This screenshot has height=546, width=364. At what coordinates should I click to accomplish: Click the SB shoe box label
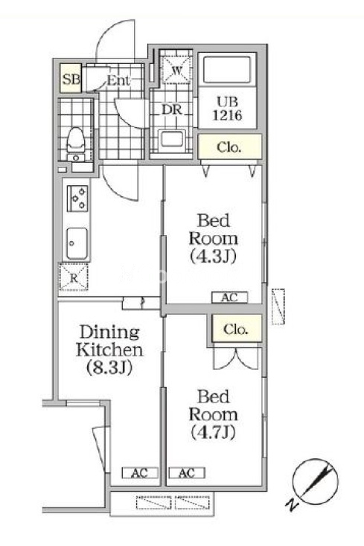click(71, 79)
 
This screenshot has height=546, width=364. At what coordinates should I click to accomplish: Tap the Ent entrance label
click(118, 81)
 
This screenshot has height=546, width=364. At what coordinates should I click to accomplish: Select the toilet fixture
click(75, 140)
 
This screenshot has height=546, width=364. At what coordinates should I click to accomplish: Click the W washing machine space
click(176, 70)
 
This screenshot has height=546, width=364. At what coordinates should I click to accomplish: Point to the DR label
click(171, 109)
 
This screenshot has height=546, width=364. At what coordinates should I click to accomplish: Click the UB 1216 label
click(228, 109)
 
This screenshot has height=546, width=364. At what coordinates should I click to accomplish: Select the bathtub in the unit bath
click(227, 70)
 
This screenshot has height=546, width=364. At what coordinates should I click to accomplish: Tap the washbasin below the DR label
click(171, 141)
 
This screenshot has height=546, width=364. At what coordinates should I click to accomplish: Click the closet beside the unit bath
click(230, 147)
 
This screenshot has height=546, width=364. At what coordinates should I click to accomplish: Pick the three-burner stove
click(77, 199)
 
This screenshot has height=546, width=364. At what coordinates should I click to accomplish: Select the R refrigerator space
click(74, 277)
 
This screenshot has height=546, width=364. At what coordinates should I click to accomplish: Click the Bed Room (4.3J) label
click(214, 238)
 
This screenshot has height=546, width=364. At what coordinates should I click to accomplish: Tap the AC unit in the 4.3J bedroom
click(230, 298)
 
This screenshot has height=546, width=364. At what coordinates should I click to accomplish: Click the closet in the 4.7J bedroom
click(237, 328)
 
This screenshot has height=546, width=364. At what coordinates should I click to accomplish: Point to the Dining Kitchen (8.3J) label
click(109, 350)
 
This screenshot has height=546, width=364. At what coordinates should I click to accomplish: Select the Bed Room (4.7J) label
click(214, 414)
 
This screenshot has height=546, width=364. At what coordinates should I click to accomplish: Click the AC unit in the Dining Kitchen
click(140, 473)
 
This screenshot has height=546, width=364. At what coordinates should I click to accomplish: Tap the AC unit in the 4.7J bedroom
click(187, 473)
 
